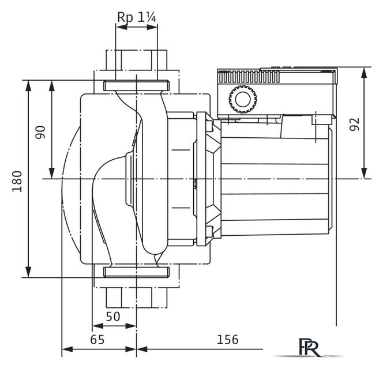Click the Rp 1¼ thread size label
click(x=137, y=17)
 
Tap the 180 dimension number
click(x=17, y=182)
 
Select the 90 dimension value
click(x=40, y=132)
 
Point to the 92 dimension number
click(x=354, y=125)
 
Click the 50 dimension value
click(x=113, y=317)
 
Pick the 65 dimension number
click(x=97, y=340)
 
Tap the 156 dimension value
click(x=228, y=340)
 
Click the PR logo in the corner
click(x=309, y=347)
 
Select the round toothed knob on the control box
click(x=243, y=99)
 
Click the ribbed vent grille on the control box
click(x=249, y=77)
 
